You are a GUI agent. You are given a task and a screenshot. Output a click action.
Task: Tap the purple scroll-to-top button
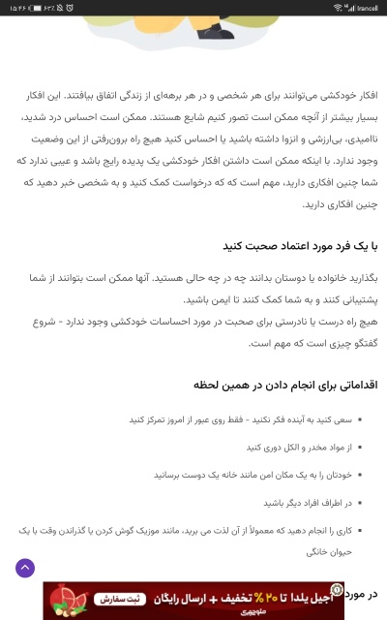(25, 569)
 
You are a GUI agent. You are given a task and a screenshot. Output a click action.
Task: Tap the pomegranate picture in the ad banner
(66, 601)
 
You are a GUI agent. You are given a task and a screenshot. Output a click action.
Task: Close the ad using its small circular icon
(335, 588)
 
